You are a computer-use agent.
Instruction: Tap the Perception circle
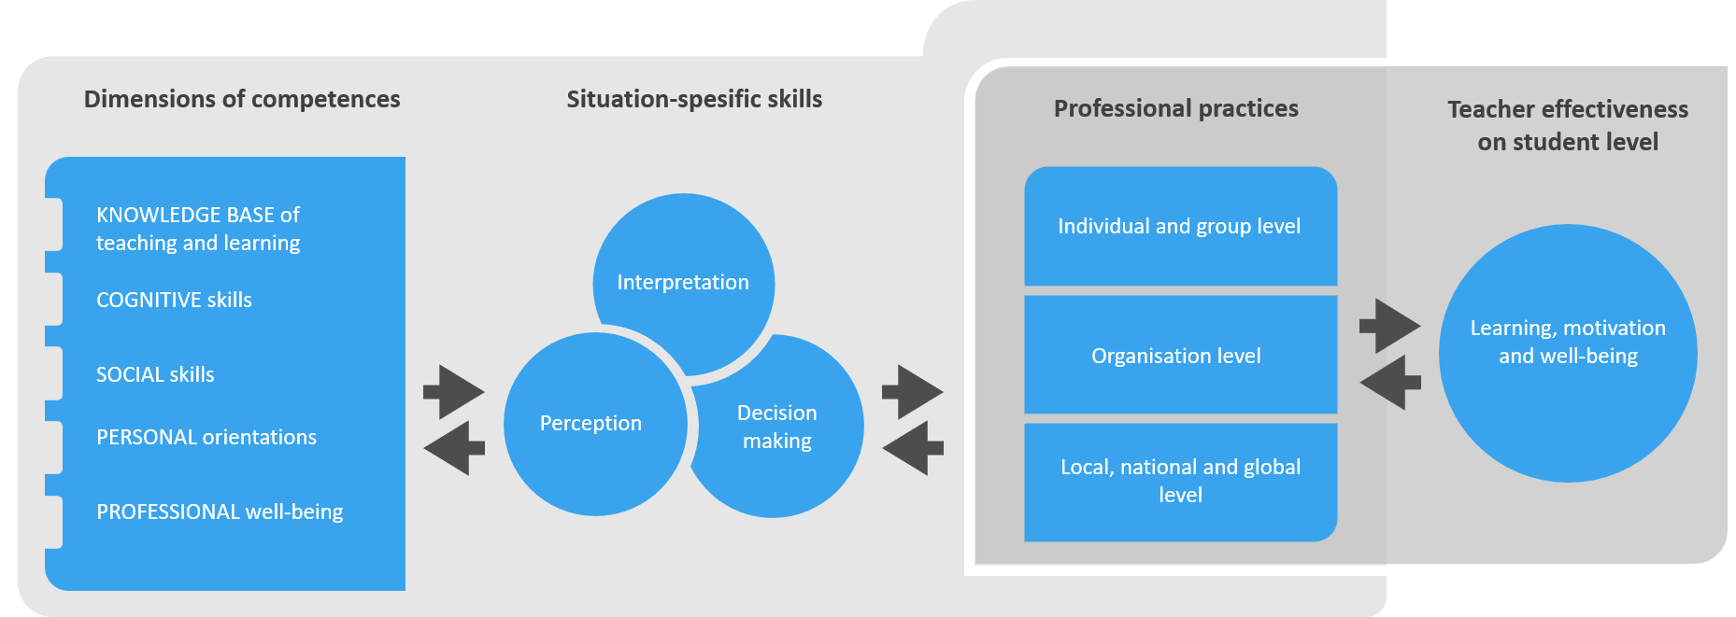coord(595,424)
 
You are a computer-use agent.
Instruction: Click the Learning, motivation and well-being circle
coord(1568,354)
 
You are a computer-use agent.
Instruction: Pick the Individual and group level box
coord(1181,226)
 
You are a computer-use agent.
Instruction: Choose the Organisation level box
coord(1181,355)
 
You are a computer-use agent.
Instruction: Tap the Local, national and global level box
coord(1181,482)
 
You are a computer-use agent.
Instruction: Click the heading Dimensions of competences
coord(242,99)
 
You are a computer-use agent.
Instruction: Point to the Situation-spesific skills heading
coord(694,99)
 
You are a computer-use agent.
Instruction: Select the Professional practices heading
coord(1176,108)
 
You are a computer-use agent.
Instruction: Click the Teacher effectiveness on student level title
coord(1568,125)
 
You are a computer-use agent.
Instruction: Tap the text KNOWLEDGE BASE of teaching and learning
coord(198,229)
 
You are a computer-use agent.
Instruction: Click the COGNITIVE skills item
coord(174,300)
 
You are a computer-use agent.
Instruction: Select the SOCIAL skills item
coord(155,374)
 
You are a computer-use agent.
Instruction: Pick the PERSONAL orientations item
coord(206,437)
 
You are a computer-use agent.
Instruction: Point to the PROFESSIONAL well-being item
coord(220,512)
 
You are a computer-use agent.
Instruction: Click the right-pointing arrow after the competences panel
coord(454,392)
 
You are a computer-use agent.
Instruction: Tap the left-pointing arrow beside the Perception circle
coord(454,448)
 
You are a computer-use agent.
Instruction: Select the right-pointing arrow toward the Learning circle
coord(1390,326)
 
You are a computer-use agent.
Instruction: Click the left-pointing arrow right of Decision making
coord(913,448)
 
